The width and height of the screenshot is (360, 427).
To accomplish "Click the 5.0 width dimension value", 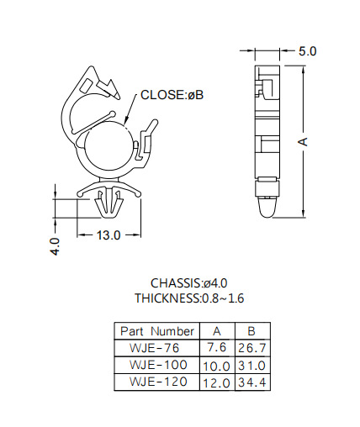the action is [x=307, y=51].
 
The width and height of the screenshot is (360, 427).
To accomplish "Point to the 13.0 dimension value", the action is [x=109, y=235].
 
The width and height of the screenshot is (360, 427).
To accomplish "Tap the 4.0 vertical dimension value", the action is [x=55, y=246].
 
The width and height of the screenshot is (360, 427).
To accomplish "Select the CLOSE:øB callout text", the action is [x=172, y=95].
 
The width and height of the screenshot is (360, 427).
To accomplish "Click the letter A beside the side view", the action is [x=303, y=142].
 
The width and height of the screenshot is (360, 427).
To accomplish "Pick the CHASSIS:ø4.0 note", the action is [x=189, y=283].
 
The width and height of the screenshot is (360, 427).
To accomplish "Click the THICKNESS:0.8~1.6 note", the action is [x=189, y=298].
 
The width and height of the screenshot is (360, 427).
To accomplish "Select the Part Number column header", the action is [x=157, y=331].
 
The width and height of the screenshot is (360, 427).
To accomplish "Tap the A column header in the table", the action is [x=217, y=331].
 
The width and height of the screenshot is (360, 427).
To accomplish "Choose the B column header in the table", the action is [x=251, y=331].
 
